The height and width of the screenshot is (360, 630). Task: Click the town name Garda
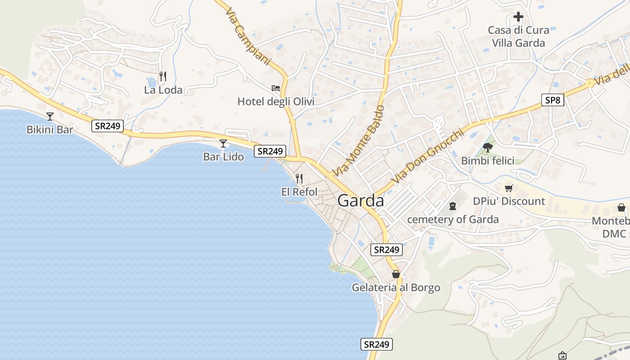[x=361, y=201]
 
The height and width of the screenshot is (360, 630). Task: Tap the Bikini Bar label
[x=49, y=130]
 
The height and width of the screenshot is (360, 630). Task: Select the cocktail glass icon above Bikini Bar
[x=50, y=117]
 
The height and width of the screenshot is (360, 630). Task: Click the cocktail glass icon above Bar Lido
[x=223, y=144]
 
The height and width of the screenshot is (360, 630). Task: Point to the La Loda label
[x=163, y=90]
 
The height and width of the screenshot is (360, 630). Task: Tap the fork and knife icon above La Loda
[x=163, y=76]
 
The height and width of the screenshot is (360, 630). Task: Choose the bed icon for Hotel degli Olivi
[x=276, y=88]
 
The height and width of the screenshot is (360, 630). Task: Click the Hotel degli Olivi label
[x=276, y=102]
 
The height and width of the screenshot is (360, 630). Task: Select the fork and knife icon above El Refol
[x=299, y=179]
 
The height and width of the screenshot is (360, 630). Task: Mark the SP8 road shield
[x=552, y=100]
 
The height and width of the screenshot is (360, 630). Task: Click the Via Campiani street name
[x=248, y=36]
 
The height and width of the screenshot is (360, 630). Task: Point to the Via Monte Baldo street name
[x=359, y=140]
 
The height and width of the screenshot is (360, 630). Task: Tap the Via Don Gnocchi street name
[x=427, y=156]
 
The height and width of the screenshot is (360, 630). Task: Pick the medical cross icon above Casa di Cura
[x=518, y=17]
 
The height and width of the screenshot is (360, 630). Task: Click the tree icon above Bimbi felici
[x=487, y=147]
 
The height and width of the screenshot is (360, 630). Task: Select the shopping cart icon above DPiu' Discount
[x=509, y=188]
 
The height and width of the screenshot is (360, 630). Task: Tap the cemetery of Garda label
[x=453, y=220]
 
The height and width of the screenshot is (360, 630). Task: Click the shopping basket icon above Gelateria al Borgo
[x=396, y=274]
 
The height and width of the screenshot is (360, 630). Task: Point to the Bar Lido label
[x=224, y=157]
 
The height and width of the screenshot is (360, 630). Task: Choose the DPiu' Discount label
[x=509, y=201]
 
